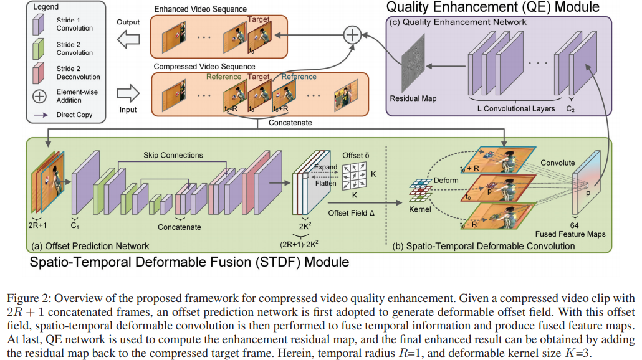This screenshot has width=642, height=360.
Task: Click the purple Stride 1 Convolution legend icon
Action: pyautogui.click(x=39, y=24)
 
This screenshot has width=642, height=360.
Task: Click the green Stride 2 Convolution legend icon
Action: pyautogui.click(x=39, y=49)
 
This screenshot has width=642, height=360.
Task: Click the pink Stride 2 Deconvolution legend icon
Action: pyautogui.click(x=39, y=72)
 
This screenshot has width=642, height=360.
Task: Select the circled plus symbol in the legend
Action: pyautogui.click(x=39, y=96)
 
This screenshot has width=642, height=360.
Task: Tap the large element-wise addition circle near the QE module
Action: pyautogui.click(x=353, y=35)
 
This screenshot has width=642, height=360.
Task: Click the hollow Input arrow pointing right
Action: pyautogui.click(x=128, y=93)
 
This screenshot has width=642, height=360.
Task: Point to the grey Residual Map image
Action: pyautogui.click(x=411, y=67)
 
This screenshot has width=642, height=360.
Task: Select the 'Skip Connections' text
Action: pyautogui.click(x=173, y=154)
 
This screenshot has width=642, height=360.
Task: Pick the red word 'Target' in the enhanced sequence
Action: pyautogui.click(x=258, y=19)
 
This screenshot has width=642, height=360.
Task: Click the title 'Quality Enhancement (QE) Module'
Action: pyautogui.click(x=492, y=7)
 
